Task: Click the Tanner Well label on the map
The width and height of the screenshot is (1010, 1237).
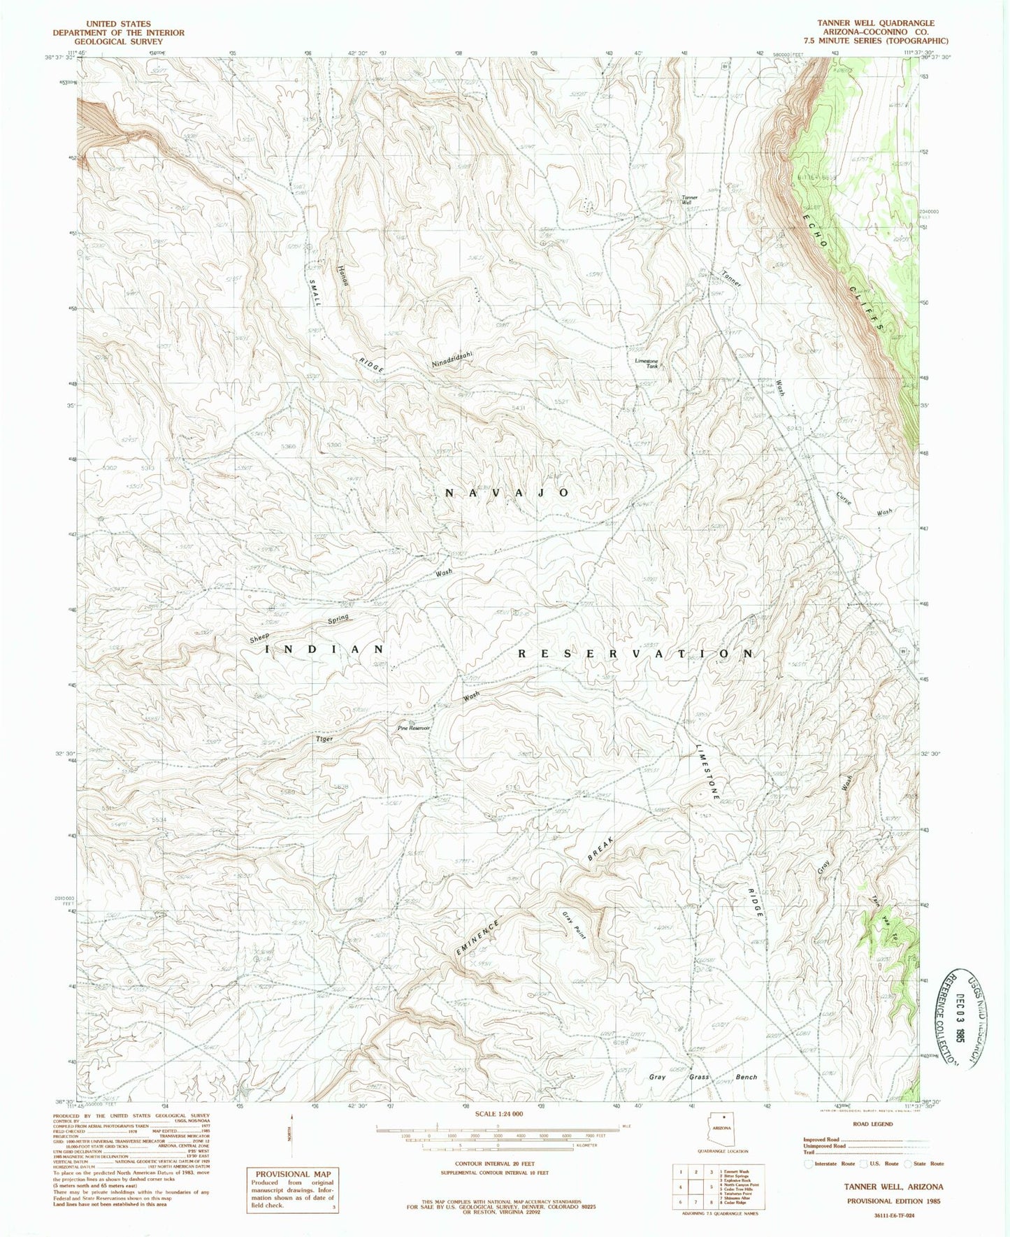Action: [x=689, y=199]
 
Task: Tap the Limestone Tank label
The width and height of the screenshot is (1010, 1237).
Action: [x=646, y=364]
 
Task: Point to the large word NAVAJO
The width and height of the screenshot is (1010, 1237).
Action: [x=508, y=493]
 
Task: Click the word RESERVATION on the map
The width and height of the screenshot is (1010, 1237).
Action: [x=635, y=654]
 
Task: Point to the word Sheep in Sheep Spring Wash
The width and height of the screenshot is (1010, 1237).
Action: [x=259, y=638]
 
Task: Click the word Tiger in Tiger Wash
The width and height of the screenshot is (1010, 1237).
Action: [x=324, y=738]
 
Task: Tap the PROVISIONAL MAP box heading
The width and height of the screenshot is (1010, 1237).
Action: [x=293, y=1174]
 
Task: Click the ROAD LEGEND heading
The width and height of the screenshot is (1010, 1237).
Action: [x=873, y=1124]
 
